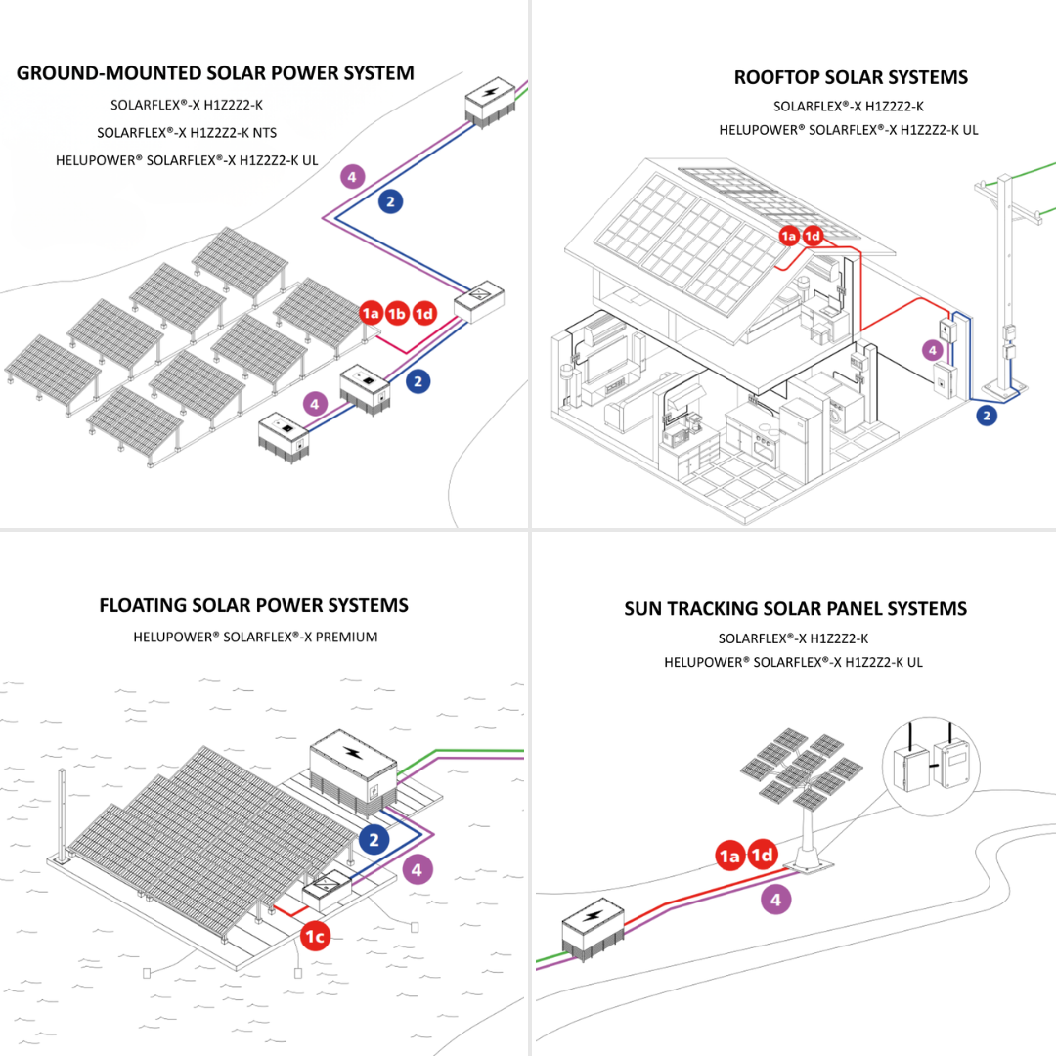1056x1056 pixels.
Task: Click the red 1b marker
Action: (x=396, y=313)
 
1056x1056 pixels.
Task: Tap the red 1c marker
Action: (x=315, y=936)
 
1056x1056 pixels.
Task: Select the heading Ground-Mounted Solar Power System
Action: (x=215, y=73)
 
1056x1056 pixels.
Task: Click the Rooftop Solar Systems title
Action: (x=850, y=77)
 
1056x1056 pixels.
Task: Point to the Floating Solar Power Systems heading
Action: (x=253, y=605)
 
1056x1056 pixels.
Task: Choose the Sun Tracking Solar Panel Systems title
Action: (x=795, y=608)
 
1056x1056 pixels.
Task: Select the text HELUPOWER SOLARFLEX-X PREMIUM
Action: (x=255, y=638)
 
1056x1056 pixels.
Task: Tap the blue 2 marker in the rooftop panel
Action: (x=987, y=416)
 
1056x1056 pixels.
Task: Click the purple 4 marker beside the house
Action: (x=933, y=349)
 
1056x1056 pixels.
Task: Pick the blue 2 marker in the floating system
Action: (x=374, y=839)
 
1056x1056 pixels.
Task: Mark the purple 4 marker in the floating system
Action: (x=417, y=868)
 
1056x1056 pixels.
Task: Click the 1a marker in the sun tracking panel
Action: (x=729, y=856)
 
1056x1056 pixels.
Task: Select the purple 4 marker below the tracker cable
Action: (x=775, y=900)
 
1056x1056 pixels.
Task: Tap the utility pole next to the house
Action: (x=1003, y=284)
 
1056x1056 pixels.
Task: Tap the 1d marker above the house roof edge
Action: (x=813, y=236)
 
